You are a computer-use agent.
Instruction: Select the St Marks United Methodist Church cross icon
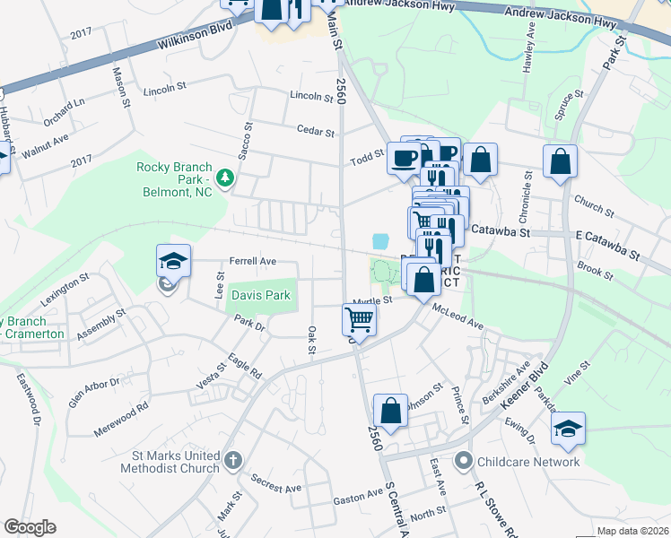coord(232,461)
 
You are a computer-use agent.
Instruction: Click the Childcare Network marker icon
coord(463,462)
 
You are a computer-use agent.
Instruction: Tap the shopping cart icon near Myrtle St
coord(359,319)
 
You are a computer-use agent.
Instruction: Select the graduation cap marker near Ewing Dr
coord(568,428)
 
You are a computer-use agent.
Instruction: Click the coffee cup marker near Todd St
coord(404,158)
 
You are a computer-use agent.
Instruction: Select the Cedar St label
coord(317,131)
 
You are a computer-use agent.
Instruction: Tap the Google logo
coord(30,527)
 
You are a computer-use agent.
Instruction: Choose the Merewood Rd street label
coord(122,420)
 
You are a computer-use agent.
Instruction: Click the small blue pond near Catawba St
coord(381,241)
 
